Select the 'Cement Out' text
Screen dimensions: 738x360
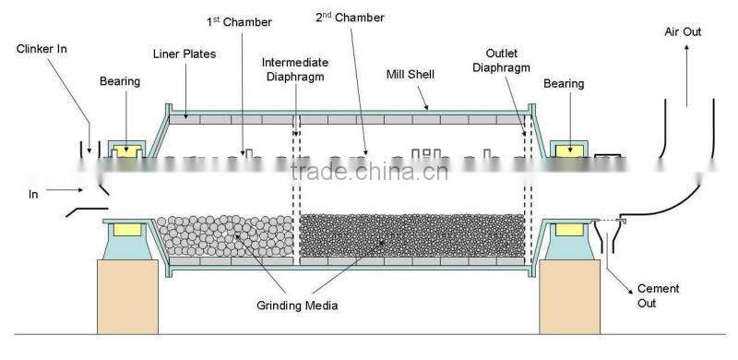[658, 295]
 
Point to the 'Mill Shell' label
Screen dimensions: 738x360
[411, 73]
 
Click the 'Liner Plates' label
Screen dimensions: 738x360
[185, 54]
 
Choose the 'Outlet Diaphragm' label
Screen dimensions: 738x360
[510, 60]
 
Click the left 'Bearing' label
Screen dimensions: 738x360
[120, 82]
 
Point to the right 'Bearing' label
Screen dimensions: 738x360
[564, 84]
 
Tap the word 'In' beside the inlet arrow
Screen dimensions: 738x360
[34, 195]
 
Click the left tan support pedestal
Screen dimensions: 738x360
[130, 294]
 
